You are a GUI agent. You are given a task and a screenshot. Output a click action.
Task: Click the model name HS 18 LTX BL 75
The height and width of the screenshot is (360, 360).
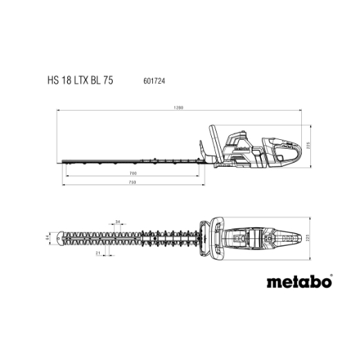click(80, 80)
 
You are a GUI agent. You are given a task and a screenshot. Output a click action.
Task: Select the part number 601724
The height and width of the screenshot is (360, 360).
click(154, 81)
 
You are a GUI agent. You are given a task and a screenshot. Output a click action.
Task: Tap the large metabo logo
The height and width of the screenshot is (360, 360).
click(299, 282)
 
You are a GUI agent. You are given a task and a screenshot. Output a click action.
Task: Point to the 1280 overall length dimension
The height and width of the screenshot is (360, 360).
click(179, 107)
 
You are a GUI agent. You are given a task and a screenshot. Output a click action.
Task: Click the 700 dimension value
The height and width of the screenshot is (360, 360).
click(133, 173)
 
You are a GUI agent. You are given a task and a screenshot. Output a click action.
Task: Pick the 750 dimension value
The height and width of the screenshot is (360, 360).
click(132, 182)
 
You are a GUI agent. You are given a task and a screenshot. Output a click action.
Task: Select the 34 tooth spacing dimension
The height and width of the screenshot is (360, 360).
click(118, 222)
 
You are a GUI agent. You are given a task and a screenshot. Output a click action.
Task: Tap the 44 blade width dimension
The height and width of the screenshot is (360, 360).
click(48, 237)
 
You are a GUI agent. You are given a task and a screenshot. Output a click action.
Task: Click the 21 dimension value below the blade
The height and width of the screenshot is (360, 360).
click(98, 253)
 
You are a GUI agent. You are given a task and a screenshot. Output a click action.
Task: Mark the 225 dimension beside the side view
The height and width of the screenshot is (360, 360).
click(307, 145)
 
